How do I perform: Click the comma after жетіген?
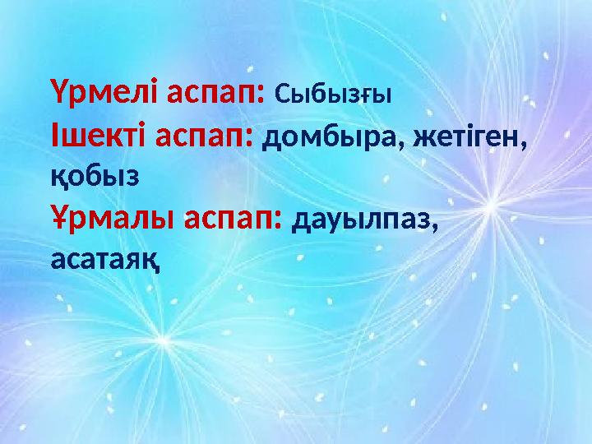(523, 145)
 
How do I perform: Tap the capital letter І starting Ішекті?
(55, 134)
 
